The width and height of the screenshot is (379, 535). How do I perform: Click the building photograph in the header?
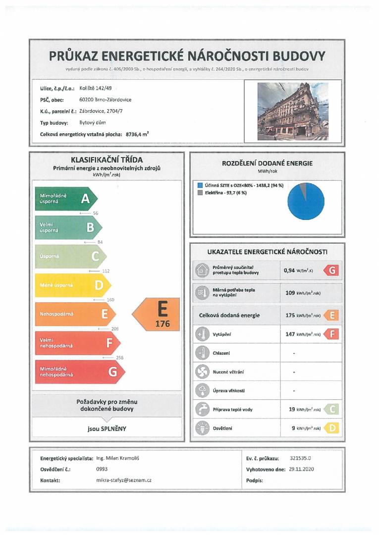[292, 111]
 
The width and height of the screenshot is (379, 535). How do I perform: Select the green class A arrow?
[65, 199]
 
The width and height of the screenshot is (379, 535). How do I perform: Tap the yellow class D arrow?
[72, 285]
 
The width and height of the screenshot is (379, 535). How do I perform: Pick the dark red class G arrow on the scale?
[79, 372]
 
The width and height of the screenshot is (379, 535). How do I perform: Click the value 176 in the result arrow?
[162, 324]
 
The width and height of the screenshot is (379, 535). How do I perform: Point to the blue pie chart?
[306, 201]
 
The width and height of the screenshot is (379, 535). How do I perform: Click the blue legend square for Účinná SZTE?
[200, 185]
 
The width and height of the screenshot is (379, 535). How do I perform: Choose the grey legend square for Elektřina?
[200, 193]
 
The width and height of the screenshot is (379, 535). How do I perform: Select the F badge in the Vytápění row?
[331, 334]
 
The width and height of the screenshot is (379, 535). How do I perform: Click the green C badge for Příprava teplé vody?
[331, 409]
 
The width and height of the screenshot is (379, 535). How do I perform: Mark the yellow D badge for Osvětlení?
[331, 428]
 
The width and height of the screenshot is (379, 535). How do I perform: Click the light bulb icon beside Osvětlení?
[202, 428]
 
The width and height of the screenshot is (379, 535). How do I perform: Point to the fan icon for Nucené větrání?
[202, 372]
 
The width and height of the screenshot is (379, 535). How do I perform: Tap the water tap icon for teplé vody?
[202, 409]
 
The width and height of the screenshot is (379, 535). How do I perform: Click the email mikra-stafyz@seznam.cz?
[123, 480]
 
